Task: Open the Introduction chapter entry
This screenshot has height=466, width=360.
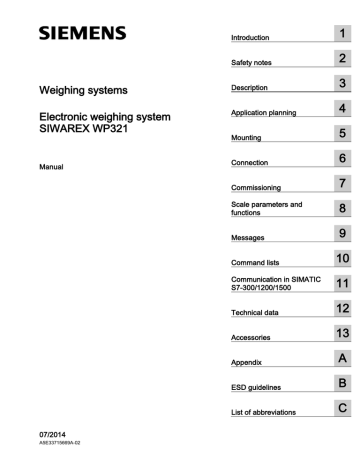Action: click(251, 38)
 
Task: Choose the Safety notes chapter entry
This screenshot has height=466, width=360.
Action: click(252, 63)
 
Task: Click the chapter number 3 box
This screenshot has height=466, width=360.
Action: click(341, 84)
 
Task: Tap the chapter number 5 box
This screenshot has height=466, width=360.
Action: click(341, 133)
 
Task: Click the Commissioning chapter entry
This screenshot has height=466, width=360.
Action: click(256, 187)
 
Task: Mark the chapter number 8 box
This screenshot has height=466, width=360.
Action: click(341, 209)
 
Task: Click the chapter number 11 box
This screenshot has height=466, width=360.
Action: click(341, 285)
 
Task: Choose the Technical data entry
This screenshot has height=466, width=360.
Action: click(255, 314)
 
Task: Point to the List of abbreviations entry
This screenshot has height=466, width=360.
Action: click(265, 414)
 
